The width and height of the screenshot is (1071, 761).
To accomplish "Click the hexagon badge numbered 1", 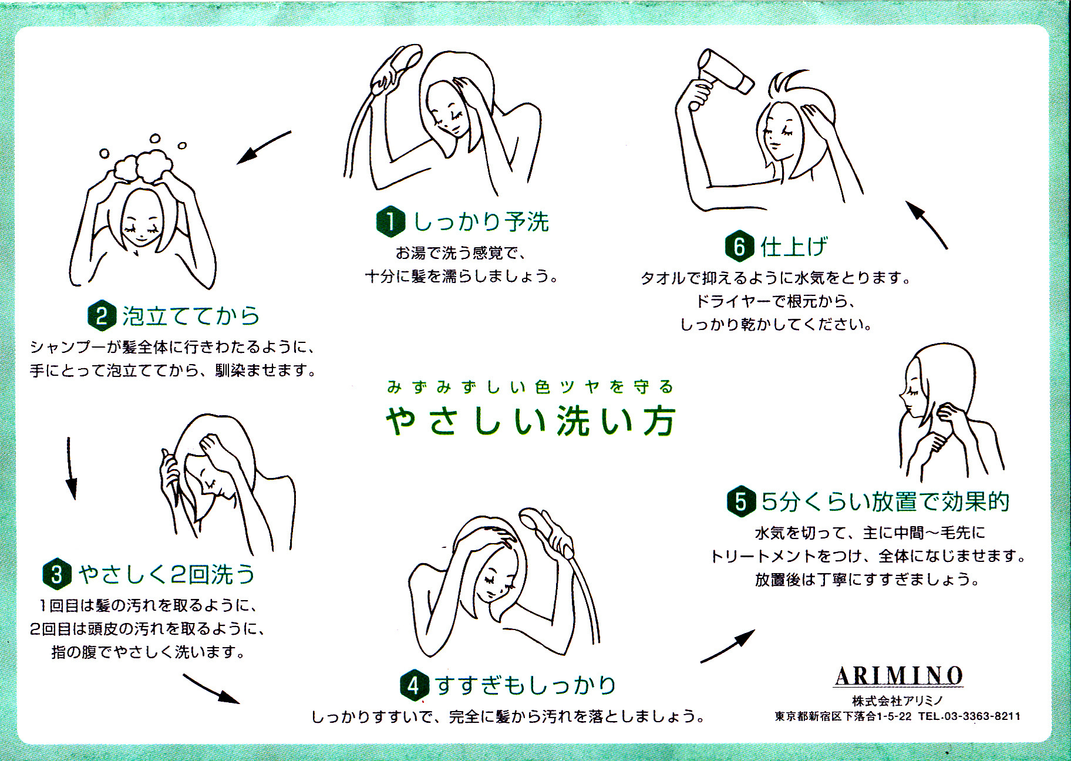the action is tap(390, 222).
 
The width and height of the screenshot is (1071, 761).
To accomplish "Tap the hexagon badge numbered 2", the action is tap(102, 316).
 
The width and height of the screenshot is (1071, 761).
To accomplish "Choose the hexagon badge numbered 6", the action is tap(739, 247).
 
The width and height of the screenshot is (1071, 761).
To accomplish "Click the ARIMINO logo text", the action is tap(898, 676).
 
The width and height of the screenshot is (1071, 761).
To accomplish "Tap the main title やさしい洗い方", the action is tap(531, 421).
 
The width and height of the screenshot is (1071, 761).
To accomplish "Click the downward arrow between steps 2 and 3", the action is tap(70, 468).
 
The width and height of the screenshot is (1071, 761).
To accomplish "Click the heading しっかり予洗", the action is tap(481, 222).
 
